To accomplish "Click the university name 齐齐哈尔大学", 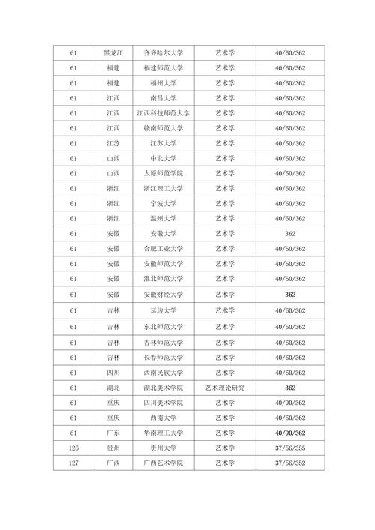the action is coord(163,53).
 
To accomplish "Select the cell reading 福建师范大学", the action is coord(163,68).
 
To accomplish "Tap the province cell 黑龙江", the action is coord(112,53).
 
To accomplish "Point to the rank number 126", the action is coord(73,448).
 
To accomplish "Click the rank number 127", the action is coord(73,463).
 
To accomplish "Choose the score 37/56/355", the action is coord(290,448).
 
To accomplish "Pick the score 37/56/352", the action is coord(290,463).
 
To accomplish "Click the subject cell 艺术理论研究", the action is coord(225,387).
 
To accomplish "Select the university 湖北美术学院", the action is coord(163,387).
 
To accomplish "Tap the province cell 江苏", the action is coord(112,143).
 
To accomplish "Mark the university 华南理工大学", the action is coord(163,433).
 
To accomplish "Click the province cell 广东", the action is coord(112,433).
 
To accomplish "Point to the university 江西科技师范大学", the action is coord(163,113).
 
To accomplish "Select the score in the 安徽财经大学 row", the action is coord(290,295).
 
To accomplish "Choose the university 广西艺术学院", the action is coord(163,463).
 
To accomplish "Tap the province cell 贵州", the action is coord(112,448).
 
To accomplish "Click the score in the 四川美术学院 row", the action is coord(290,402).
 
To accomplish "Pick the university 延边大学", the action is coord(163,310).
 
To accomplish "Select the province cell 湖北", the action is coord(112,387).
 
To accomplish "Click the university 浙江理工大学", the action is coord(163,188).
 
